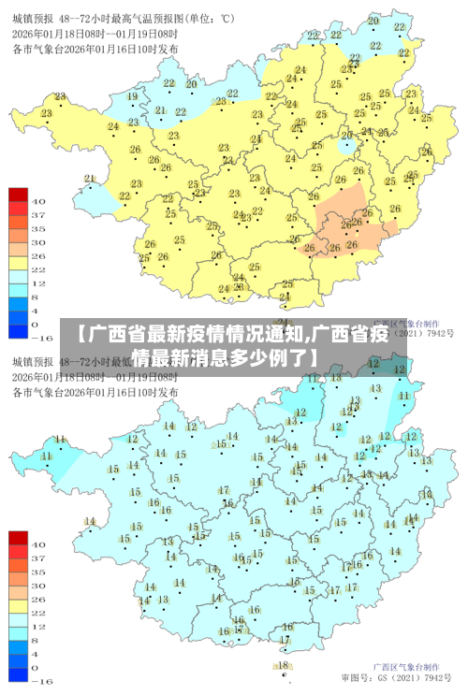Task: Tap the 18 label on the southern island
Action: (283, 665)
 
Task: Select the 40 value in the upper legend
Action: (38, 200)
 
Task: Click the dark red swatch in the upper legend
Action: (19, 195)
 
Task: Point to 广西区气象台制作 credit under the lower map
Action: (403, 663)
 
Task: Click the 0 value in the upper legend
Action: (38, 323)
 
